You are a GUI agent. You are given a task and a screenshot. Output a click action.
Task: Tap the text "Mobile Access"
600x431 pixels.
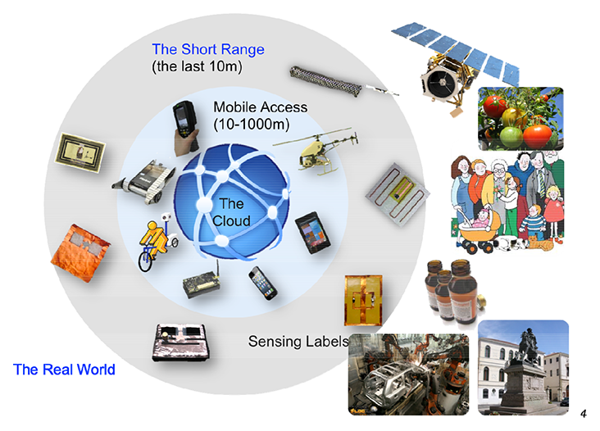click(x=260, y=107)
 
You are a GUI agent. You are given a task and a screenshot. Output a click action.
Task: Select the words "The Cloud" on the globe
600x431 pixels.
click(x=230, y=212)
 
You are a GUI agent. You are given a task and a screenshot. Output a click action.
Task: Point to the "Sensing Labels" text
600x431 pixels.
click(x=298, y=341)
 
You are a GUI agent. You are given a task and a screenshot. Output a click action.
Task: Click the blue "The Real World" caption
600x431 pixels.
click(x=64, y=370)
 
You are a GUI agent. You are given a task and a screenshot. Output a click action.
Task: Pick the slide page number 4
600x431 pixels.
click(x=583, y=412)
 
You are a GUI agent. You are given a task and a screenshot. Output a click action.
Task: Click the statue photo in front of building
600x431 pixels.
click(x=523, y=366)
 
